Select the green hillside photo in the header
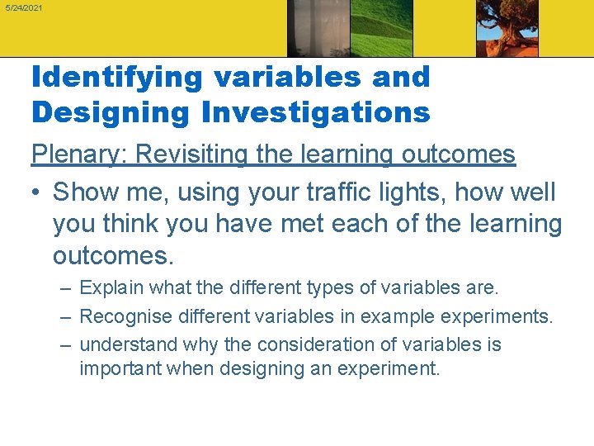pyautogui.click(x=382, y=28)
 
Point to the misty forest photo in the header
pyautogui.click(x=318, y=28)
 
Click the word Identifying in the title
pyautogui.click(x=116, y=77)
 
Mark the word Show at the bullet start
pyautogui.click(x=87, y=192)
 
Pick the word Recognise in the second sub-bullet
pyautogui.click(x=122, y=316)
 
